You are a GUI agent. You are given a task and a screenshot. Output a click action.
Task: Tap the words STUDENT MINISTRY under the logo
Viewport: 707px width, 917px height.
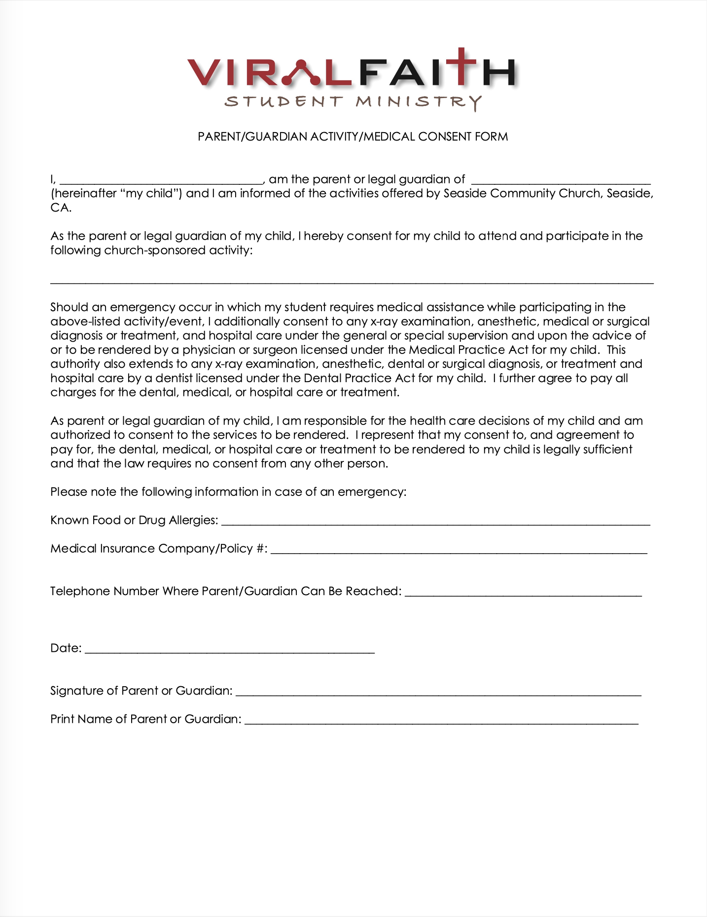(353, 102)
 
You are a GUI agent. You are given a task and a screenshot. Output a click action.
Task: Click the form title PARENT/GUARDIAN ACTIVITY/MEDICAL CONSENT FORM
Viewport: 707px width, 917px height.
(353, 137)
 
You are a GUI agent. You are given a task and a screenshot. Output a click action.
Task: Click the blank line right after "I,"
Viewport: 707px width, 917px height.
(161, 180)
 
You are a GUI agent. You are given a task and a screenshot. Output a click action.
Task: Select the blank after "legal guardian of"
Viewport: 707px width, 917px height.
(561, 180)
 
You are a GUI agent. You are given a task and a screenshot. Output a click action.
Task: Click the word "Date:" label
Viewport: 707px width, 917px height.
(66, 648)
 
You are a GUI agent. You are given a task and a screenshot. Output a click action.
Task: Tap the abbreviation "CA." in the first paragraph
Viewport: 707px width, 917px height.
(61, 208)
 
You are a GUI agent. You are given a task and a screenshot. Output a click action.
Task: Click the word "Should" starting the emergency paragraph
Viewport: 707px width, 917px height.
(70, 307)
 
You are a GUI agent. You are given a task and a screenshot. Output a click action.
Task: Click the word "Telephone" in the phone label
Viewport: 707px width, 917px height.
(80, 591)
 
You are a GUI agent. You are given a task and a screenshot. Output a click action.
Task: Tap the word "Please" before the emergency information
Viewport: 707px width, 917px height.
(68, 492)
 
